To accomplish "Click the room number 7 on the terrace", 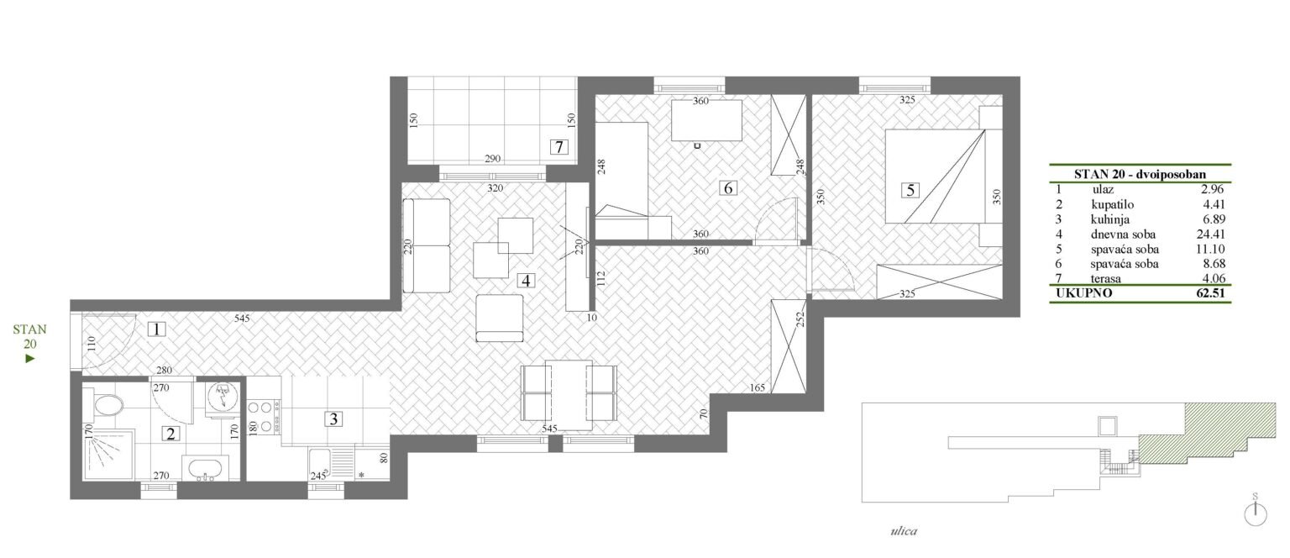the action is click(x=558, y=147).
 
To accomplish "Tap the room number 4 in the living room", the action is click(x=526, y=281).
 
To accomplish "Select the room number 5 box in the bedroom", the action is click(x=910, y=190).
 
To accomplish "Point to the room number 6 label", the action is click(x=728, y=188).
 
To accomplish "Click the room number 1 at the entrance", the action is click(x=157, y=329).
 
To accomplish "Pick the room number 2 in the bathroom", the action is click(x=170, y=434).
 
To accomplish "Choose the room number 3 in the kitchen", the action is click(x=333, y=419).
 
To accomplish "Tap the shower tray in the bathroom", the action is click(x=109, y=455).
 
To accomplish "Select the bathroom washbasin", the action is click(x=204, y=468).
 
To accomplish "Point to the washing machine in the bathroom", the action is click(x=223, y=397).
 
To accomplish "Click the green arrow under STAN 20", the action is click(x=30, y=359).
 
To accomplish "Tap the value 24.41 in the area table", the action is click(x=1210, y=234).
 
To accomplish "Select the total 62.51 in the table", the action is click(x=1210, y=292).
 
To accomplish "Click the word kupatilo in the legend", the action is click(x=1113, y=205).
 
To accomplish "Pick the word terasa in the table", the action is click(x=1106, y=279).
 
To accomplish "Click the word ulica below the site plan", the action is click(x=904, y=531).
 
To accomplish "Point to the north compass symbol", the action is click(x=1256, y=513).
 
